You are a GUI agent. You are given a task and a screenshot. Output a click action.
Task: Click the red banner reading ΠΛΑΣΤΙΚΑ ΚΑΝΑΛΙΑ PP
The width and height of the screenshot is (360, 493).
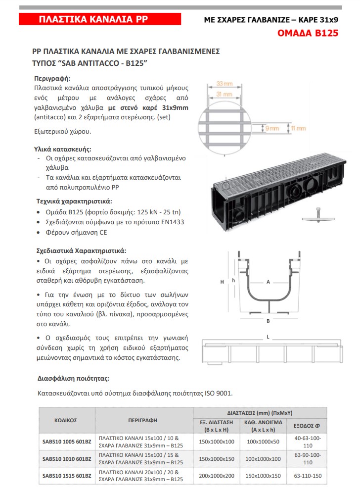point(93,19)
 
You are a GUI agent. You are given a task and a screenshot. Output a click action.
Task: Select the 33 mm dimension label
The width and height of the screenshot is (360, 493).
point(225,84)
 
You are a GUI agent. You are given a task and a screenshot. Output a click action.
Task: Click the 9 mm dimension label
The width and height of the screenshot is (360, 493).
point(272,128)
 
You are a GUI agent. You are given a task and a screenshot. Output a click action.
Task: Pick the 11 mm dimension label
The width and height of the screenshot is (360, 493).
point(299,128)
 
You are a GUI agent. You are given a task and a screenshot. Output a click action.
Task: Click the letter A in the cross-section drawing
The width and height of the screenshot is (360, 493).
point(268,282)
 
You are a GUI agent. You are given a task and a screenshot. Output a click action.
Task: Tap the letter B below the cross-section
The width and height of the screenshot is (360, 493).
point(268,321)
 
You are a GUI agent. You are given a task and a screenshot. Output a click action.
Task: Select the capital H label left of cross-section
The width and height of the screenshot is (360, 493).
point(223,282)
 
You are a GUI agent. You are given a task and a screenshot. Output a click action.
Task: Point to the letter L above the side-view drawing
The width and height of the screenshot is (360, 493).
point(268,336)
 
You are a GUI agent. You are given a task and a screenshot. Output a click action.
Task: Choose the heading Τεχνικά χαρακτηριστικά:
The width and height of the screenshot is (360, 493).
point(74,201)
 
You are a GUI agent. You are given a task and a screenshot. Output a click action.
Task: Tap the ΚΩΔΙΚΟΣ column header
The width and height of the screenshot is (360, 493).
point(65,420)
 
